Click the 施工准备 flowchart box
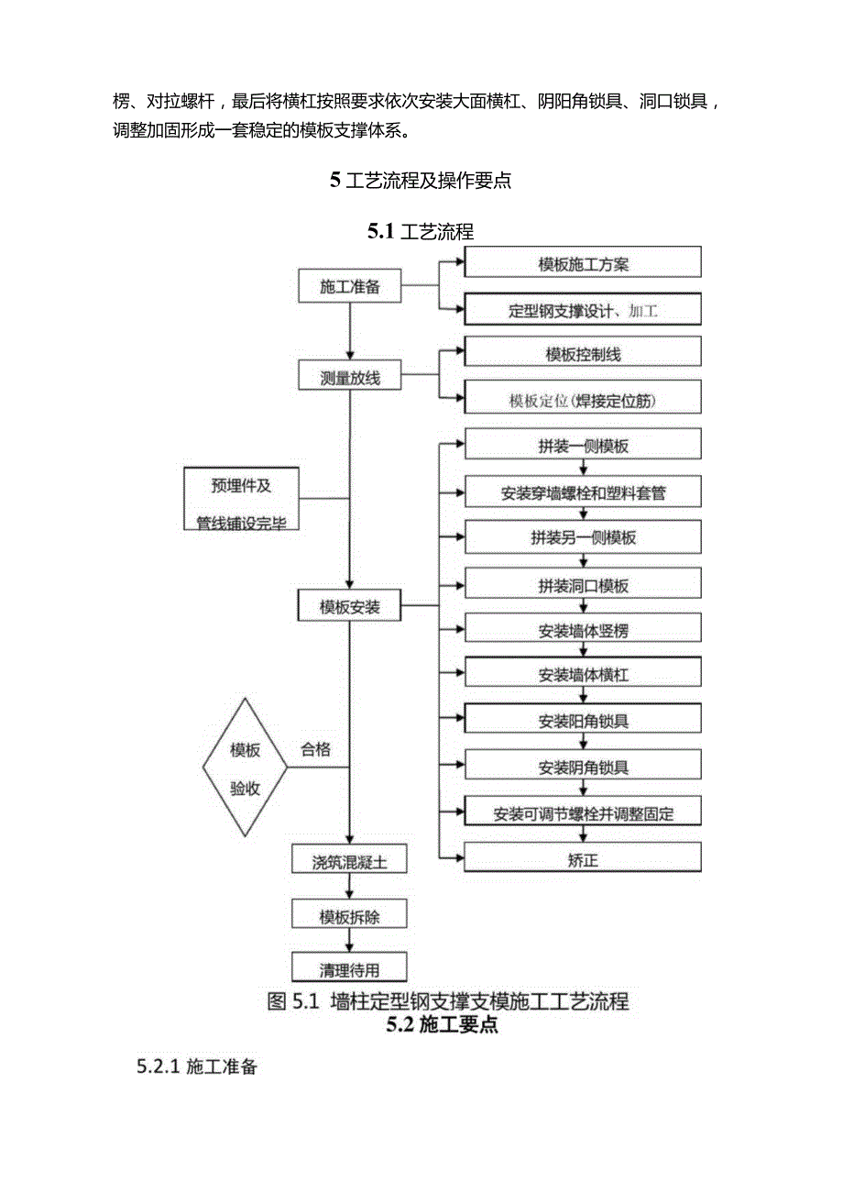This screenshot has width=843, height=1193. click(x=350, y=286)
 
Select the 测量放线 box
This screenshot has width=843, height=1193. click(x=350, y=376)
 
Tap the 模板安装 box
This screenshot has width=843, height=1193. click(x=350, y=606)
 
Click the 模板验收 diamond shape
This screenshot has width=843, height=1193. click(x=245, y=767)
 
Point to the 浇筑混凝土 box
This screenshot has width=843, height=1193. click(x=349, y=862)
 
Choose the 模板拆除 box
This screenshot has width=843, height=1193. click(x=349, y=915)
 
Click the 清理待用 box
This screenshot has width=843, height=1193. click(x=349, y=967)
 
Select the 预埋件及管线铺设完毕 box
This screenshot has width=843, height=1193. click(x=242, y=500)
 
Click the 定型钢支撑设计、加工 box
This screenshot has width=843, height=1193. click(x=583, y=310)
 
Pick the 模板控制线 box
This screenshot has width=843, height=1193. click(x=583, y=353)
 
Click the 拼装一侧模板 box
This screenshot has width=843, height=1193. click(x=583, y=446)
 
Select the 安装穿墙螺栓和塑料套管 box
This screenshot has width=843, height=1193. click(x=583, y=492)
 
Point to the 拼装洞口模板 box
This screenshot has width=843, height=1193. click(x=583, y=584)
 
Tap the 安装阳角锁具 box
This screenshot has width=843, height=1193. click(x=583, y=720)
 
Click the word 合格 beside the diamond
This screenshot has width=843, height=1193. click(x=316, y=749)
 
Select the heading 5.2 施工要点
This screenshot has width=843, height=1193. click(x=443, y=1025)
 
